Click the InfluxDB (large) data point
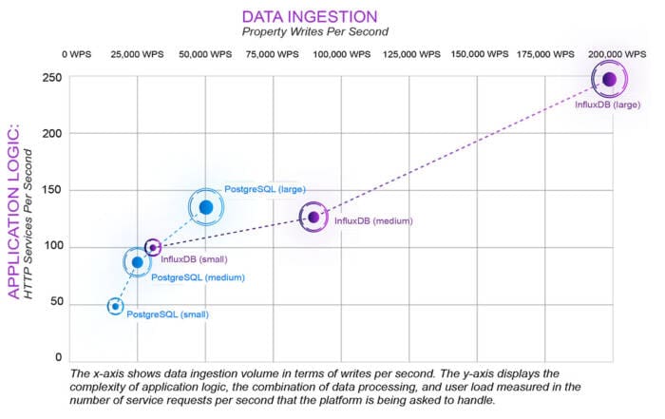pyautogui.click(x=610, y=79)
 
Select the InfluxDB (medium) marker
pyautogui.click(x=313, y=218)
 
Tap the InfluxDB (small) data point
pyautogui.click(x=153, y=247)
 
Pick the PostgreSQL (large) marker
pyautogui.click(x=206, y=207)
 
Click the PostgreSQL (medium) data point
pyautogui.click(x=138, y=262)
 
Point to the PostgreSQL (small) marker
pyautogui.click(x=115, y=306)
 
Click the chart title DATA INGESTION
pyautogui.click(x=310, y=17)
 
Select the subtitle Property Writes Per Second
pyautogui.click(x=315, y=31)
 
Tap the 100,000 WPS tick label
pyautogui.click(x=341, y=54)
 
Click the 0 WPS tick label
pyautogui.click(x=76, y=54)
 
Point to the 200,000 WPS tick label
pyautogui.click(x=617, y=54)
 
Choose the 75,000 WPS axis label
pyautogui.click(x=273, y=54)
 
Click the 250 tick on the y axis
pyautogui.click(x=52, y=78)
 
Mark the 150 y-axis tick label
pyautogui.click(x=52, y=190)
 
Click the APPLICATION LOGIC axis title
pyautogui.click(x=13, y=211)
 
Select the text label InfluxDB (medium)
pyautogui.click(x=373, y=221)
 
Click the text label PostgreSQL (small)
pyautogui.click(x=167, y=314)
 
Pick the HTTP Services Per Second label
pyautogui.click(x=28, y=224)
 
